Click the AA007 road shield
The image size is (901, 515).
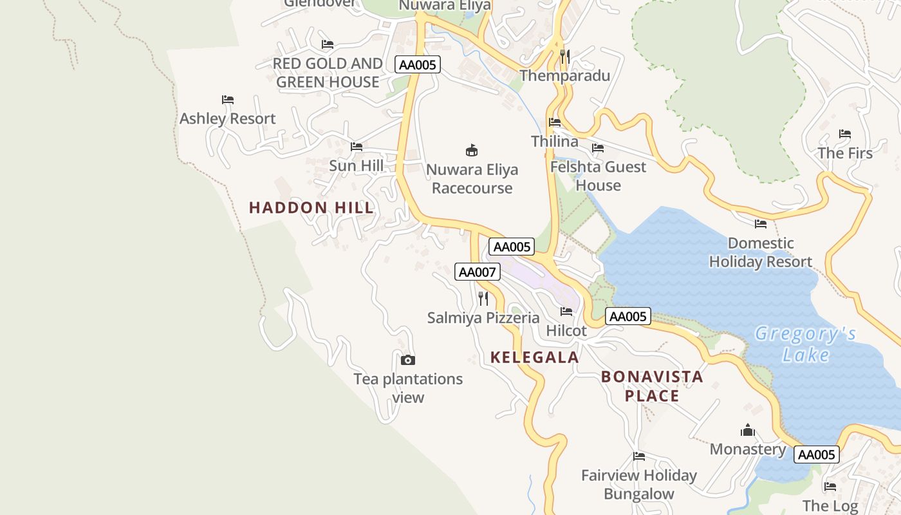pos(477,272)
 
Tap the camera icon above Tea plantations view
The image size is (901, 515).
pos(408,360)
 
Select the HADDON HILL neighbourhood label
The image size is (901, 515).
pos(311,207)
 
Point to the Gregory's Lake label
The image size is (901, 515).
pos(806,344)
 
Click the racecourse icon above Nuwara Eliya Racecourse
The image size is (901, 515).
pos(472,151)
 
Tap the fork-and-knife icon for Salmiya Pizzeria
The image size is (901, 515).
pos(483,298)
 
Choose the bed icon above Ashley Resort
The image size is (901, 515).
pos(227,100)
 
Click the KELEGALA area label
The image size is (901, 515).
pos(535,357)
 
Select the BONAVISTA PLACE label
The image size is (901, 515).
pos(652,386)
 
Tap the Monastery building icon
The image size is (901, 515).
pos(748,429)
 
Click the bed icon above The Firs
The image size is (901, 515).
pos(845,134)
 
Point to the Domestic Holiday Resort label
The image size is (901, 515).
pos(760,252)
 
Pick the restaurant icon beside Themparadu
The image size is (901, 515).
pos(564,57)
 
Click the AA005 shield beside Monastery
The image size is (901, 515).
pos(816,454)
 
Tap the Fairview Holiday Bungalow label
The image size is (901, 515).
pos(638,484)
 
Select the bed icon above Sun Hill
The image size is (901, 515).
pos(356,147)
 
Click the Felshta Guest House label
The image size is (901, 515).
pos(598,176)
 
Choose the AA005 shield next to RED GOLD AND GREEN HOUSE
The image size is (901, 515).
pos(418,64)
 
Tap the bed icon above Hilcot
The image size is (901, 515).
pos(566,312)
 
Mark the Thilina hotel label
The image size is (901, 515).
pos(554,141)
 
